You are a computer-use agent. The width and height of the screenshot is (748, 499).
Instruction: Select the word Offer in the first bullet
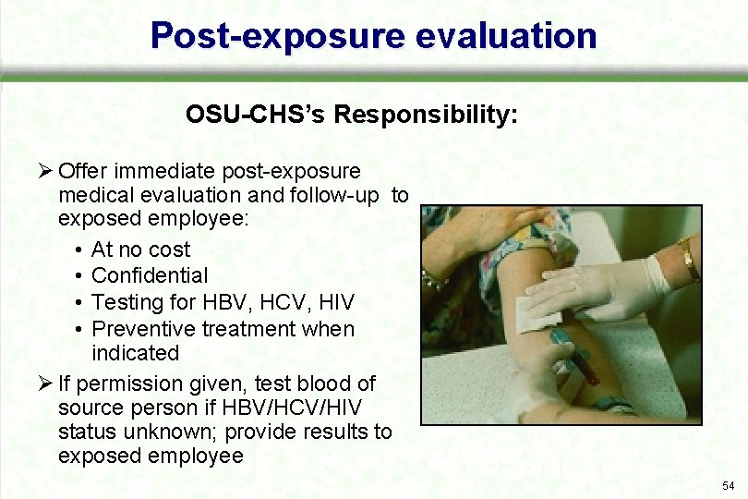tap(80, 172)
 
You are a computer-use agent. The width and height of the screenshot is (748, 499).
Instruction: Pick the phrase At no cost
tap(141, 249)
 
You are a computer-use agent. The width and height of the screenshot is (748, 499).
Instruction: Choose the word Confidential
tap(150, 275)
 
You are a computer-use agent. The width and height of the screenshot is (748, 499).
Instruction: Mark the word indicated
tap(135, 353)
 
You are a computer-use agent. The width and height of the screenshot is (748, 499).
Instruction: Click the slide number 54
tap(729, 486)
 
